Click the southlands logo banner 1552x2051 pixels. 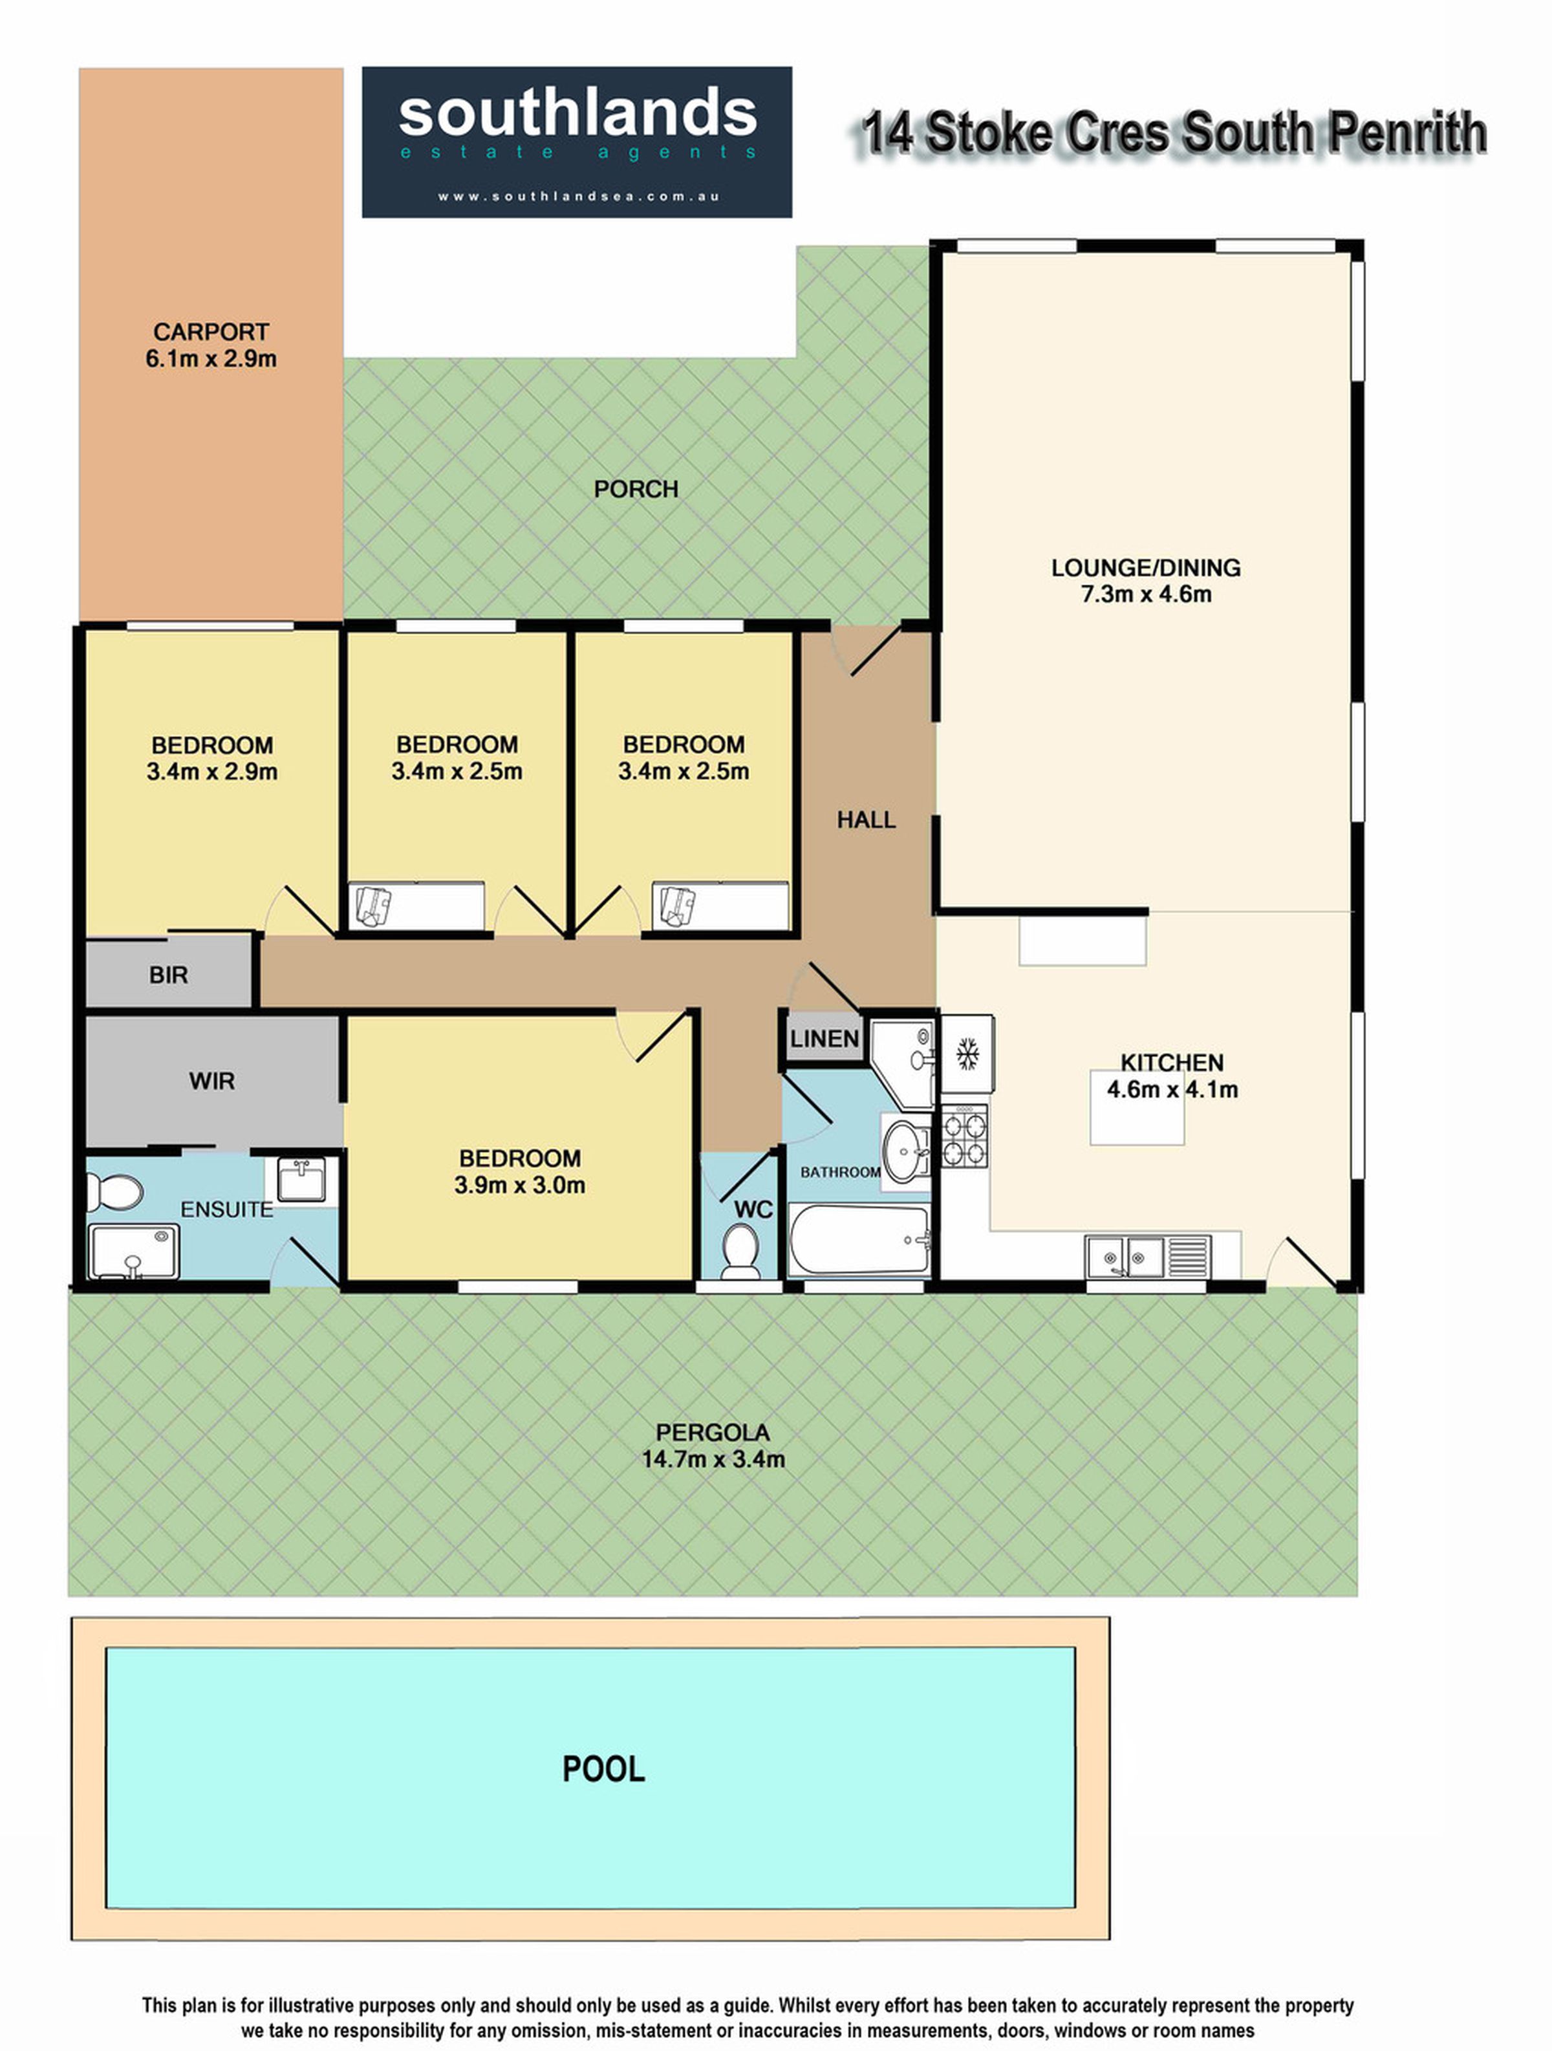click(x=577, y=142)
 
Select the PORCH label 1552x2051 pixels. click(x=636, y=490)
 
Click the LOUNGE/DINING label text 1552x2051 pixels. click(x=1146, y=567)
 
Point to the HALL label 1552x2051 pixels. click(x=866, y=819)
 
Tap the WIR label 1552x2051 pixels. click(x=211, y=1081)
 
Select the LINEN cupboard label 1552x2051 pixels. click(x=824, y=1039)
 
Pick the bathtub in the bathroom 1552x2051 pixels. click(x=859, y=1240)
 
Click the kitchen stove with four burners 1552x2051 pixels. click(x=964, y=1137)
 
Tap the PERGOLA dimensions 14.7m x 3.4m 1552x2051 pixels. click(x=713, y=1459)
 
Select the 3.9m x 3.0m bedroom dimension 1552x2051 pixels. click(x=519, y=1185)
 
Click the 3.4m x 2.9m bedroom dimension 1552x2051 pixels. click(x=211, y=772)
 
